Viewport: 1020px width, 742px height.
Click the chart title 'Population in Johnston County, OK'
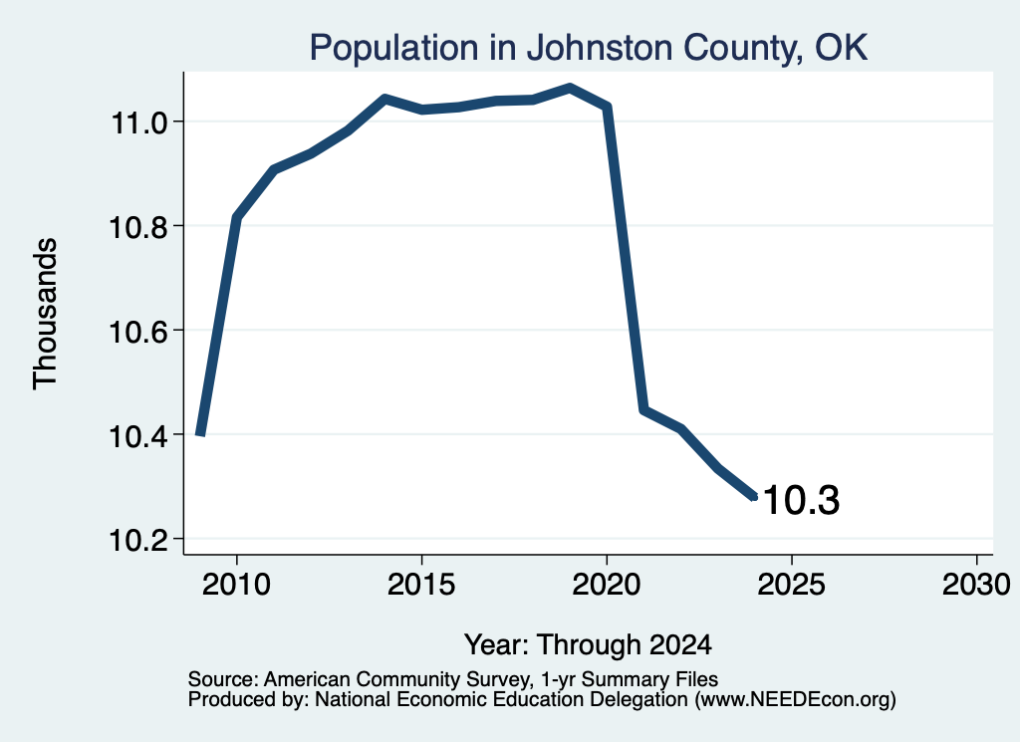coord(588,48)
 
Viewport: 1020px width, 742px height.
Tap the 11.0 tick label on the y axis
coord(138,123)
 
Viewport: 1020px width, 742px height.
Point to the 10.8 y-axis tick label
coord(138,227)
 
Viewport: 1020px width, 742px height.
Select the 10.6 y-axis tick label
coord(138,332)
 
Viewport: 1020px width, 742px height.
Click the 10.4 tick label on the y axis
coord(138,435)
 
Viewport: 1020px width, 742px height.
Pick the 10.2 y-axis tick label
coord(138,540)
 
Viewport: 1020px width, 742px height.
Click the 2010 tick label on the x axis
coord(236,584)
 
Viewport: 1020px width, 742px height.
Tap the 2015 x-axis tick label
coord(421,584)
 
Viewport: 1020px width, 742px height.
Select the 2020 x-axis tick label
coord(607,584)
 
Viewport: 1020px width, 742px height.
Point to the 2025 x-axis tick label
coord(792,584)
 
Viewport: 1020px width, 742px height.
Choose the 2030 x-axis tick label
coord(976,584)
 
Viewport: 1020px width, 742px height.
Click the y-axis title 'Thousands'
coord(46,314)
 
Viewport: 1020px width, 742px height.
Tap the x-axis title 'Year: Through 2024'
coord(588,644)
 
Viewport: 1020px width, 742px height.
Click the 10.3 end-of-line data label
coord(801,500)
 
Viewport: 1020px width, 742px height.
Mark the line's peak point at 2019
coord(570,88)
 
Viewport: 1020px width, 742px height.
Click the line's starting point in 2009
coord(200,434)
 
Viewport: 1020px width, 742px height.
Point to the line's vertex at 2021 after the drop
coord(643,409)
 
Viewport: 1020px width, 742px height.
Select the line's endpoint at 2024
coord(755,497)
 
